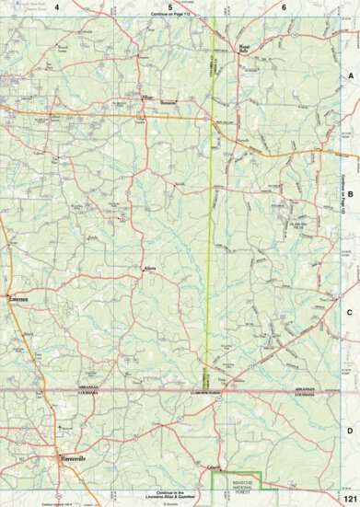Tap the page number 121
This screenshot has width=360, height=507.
coord(349,497)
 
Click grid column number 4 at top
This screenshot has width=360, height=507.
coord(56,7)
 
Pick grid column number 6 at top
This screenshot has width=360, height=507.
coord(284,7)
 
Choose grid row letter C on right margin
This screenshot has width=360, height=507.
coord(350,313)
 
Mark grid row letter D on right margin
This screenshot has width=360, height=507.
coord(350,431)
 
